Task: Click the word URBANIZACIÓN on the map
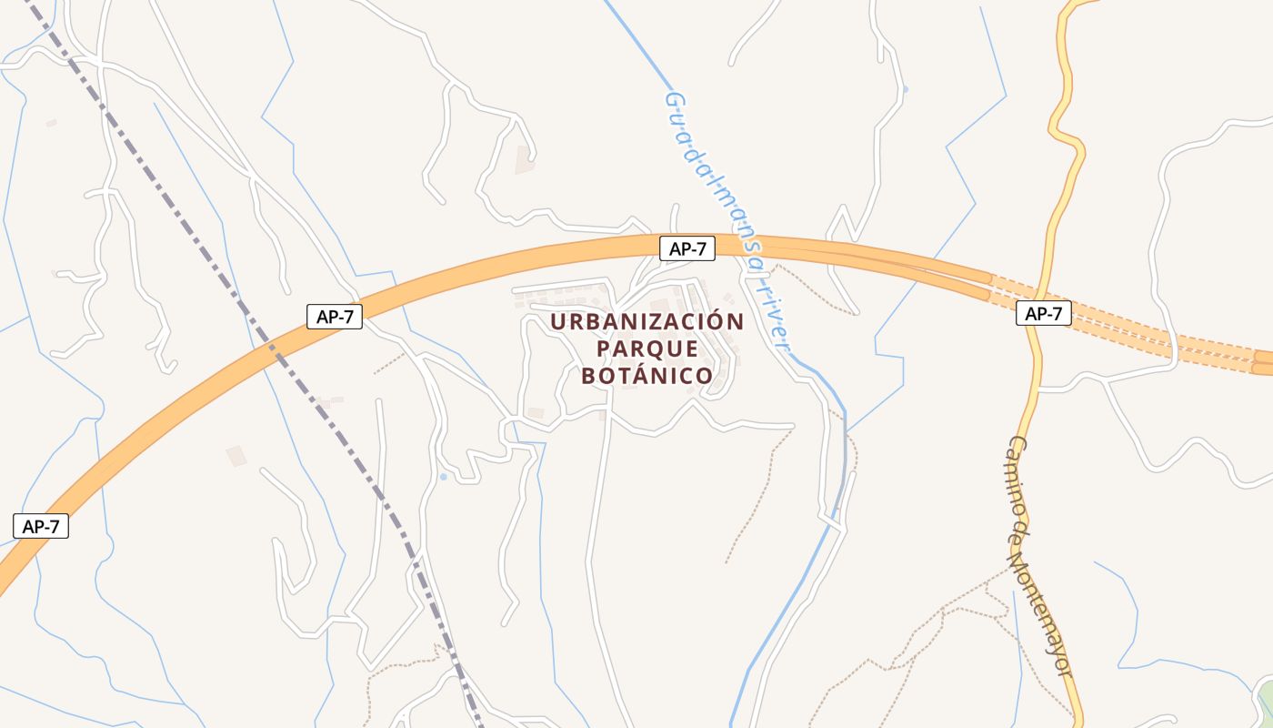(647, 321)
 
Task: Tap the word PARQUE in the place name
(647, 349)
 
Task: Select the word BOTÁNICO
(647, 376)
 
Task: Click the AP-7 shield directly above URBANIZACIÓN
(687, 248)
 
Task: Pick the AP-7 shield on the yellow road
(1043, 313)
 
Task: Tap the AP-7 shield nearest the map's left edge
(41, 525)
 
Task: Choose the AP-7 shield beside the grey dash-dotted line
(335, 316)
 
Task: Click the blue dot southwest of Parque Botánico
(443, 476)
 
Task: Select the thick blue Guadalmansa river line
(800, 582)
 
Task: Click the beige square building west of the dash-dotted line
(236, 456)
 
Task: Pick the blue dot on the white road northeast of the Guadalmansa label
(905, 89)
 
